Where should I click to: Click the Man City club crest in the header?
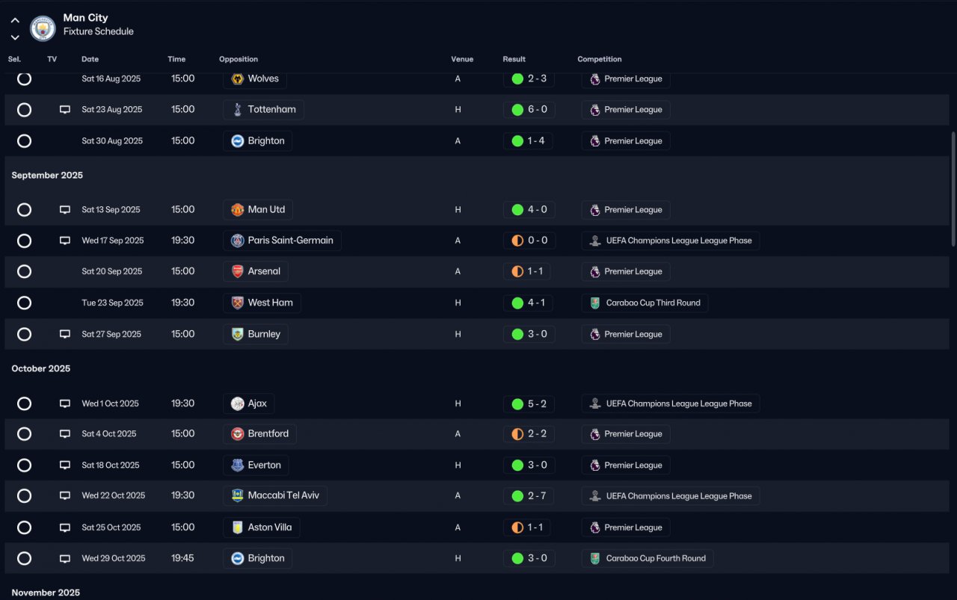tap(43, 28)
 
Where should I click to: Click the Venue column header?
tap(462, 59)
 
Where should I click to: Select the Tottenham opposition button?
tap(263, 110)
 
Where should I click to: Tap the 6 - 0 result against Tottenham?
tap(529, 110)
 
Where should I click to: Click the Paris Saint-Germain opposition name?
tap(290, 241)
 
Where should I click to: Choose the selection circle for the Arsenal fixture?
tap(24, 272)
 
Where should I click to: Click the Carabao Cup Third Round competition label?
tap(644, 303)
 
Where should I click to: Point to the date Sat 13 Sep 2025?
tap(111, 210)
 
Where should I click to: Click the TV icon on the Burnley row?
tap(65, 334)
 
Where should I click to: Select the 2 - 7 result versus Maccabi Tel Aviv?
tap(529, 495)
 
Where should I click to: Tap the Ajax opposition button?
tap(249, 403)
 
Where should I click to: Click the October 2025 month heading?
tap(41, 368)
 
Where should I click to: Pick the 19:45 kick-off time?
tap(182, 558)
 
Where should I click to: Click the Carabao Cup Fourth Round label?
tap(647, 558)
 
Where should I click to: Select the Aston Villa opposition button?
tap(262, 528)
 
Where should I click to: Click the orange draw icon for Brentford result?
tap(517, 434)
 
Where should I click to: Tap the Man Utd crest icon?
tap(238, 210)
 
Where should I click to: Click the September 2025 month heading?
tap(47, 176)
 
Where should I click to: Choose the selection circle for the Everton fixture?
tap(24, 466)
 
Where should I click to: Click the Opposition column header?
tap(239, 59)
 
